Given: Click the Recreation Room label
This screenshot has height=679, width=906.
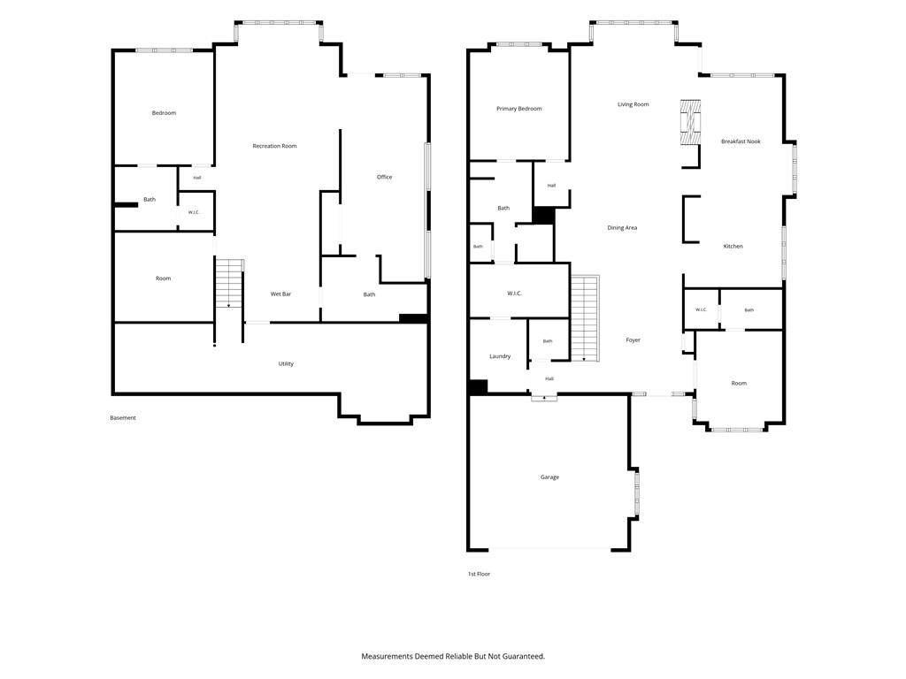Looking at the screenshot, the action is pos(274,146).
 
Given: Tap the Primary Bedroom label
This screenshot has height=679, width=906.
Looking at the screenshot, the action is pos(518,109).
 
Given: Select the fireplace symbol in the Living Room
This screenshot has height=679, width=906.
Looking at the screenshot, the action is pos(690,122).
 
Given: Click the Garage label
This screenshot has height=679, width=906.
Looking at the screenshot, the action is pos(549,477).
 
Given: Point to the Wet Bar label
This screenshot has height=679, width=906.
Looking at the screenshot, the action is pos(280,294).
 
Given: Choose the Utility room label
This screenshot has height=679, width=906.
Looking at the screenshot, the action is pos(286,363).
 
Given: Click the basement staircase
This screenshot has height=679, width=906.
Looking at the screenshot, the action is pos(229,284).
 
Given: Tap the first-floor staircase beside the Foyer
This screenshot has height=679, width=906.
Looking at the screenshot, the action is pos(586,318).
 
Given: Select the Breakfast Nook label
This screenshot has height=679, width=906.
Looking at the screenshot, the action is pos(741,141).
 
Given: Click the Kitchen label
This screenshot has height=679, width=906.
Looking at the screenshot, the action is pos(733,247).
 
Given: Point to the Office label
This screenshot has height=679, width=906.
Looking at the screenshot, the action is pos(384,177).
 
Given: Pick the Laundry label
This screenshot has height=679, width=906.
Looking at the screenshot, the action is pos(500,356).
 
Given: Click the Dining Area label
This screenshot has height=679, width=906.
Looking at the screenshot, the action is pos(622,227).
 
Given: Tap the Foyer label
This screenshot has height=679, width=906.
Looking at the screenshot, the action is pos(633,340).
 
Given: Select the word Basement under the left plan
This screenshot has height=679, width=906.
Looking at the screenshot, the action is pos(123,417).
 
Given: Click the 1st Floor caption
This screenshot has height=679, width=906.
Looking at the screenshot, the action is pos(479,574).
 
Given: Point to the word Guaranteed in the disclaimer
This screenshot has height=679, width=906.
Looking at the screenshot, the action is pos(523,657).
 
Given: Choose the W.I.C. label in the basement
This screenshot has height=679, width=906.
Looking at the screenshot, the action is pos(194,212).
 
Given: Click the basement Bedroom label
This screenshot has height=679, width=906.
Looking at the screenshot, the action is pos(164,113).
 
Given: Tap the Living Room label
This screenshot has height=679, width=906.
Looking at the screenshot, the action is pos(633,104).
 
